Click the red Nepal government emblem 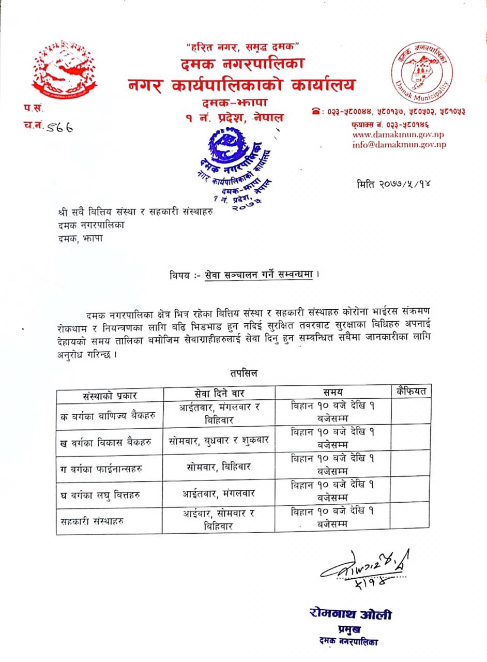pos(64,70)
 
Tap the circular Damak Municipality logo pos(420,71)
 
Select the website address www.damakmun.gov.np pos(398,134)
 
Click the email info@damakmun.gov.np pos(399,145)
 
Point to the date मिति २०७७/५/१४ pos(393,184)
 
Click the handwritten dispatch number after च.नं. pos(58,126)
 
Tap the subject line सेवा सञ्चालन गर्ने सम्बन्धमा pos(258,275)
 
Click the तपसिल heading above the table pos(244,373)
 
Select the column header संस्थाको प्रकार pos(110,395)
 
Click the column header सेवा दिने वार pos(219,393)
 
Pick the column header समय pos(332,392)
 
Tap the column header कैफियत pos(411,391)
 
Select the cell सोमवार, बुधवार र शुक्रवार pos(219,441)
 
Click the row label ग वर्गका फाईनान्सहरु pos(101,469)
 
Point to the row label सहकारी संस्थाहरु pos(92,521)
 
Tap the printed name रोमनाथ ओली pos(350,614)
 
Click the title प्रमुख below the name pos(349,629)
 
